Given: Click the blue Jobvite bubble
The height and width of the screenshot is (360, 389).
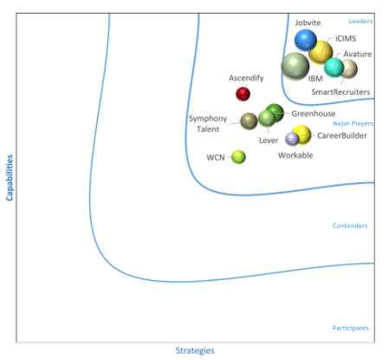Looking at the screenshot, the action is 306,40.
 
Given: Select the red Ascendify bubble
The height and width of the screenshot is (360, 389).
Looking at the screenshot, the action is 243,94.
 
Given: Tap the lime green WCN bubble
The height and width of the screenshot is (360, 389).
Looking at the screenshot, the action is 238,157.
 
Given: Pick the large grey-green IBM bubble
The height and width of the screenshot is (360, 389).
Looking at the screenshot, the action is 295,67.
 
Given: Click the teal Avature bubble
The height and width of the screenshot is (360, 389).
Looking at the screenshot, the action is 334,68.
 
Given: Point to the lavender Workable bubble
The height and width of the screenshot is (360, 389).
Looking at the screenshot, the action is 292,139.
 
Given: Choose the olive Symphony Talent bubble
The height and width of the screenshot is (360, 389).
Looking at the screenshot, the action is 249,121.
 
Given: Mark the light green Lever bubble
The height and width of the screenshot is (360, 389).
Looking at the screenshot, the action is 267,119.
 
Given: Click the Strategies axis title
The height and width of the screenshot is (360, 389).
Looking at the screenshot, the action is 195,350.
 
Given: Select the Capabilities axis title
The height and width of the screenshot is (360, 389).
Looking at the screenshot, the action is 10,178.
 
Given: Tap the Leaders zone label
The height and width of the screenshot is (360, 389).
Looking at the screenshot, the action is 360,21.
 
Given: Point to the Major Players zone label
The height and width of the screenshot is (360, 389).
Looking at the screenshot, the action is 353,124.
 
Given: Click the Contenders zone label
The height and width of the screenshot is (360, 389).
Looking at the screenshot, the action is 350,226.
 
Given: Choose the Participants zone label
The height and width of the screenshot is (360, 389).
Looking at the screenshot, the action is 351,328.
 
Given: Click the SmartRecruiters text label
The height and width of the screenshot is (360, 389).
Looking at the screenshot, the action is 340,92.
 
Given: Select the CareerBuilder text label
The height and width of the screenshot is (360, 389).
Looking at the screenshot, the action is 342,135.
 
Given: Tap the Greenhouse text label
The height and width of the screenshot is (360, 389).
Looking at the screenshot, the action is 314,114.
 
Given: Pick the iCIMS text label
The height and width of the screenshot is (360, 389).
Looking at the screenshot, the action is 346,38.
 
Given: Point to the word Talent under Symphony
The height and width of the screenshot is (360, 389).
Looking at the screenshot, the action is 208,129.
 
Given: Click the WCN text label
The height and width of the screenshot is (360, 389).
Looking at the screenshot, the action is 216,158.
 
